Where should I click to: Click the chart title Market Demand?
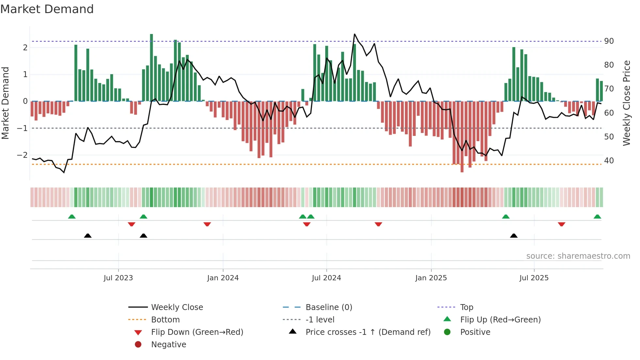(47, 9)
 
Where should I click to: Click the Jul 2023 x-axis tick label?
(118, 278)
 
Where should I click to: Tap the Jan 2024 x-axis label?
(223, 278)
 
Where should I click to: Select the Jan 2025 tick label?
(431, 278)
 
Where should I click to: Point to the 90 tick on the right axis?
(609, 41)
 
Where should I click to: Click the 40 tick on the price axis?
(609, 161)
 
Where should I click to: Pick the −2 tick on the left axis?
(22, 155)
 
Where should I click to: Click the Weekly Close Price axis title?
(626, 103)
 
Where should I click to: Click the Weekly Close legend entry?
(177, 307)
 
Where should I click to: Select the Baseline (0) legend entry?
(328, 307)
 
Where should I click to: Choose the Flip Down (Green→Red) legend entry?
(197, 332)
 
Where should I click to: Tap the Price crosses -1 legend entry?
(368, 332)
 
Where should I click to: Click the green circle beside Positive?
(447, 332)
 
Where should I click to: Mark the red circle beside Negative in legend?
(138, 345)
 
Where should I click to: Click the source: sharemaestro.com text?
(578, 256)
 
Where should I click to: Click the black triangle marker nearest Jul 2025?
(514, 236)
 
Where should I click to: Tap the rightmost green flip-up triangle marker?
(597, 217)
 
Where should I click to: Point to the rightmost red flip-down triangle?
(561, 224)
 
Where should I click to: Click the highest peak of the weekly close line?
(355, 34)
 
